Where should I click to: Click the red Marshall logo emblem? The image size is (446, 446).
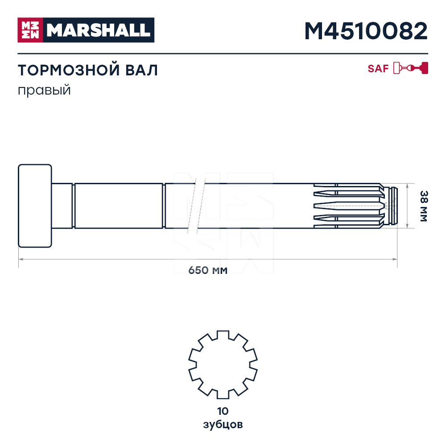click(30, 30)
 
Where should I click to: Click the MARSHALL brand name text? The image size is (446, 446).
click(98, 30)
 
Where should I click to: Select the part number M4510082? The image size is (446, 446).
click(366, 31)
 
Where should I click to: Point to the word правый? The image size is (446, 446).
click(45, 90)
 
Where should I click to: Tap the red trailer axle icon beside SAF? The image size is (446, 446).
click(411, 68)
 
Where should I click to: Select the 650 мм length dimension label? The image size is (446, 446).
click(208, 270)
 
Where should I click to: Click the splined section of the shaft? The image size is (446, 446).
click(348, 206)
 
